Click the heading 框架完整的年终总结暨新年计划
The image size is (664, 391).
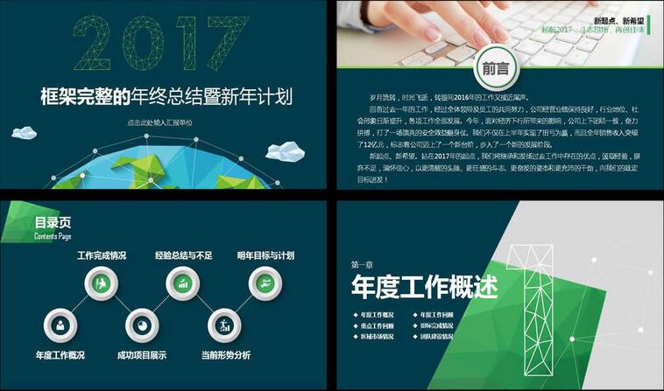[x=166, y=95]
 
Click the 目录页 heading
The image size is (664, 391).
[x=53, y=222]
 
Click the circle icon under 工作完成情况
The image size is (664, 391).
[x=102, y=283]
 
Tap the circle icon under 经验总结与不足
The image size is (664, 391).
[x=183, y=283]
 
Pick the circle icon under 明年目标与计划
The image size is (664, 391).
[x=265, y=283]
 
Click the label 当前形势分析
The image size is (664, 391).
[x=225, y=355]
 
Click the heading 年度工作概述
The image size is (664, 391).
[x=424, y=286]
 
